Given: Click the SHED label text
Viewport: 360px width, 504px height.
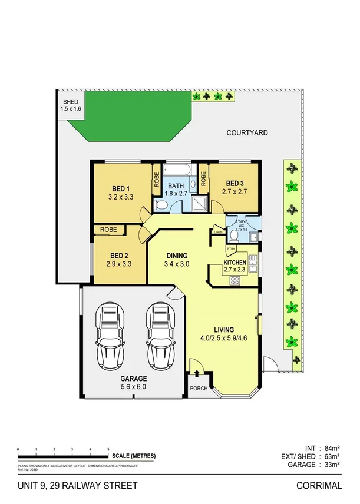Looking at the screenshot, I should pos(70,102).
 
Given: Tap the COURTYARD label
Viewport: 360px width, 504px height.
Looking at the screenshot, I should pos(247,133).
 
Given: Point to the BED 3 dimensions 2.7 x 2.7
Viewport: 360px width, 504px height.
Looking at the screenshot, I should pos(235,192).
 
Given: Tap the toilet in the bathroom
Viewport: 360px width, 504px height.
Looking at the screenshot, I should pos(160,204).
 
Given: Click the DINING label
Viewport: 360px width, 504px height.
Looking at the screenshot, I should pos(176,255).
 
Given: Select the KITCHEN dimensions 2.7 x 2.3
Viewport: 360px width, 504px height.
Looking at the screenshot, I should pos(235,270).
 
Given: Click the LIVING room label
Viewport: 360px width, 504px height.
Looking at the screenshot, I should pos(224,329).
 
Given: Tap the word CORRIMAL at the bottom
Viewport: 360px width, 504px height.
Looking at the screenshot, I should pos(319,486).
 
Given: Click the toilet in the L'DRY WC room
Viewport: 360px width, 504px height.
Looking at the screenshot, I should pos(234,235).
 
